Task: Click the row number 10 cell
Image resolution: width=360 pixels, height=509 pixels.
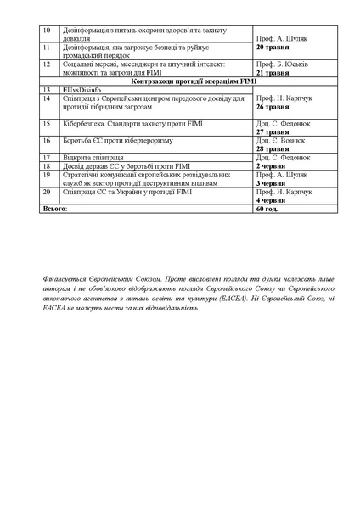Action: coord(47,30)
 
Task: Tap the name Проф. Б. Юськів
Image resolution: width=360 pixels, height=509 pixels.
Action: coord(278,64)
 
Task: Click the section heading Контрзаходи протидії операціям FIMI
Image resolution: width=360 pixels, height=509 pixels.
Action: coord(189,81)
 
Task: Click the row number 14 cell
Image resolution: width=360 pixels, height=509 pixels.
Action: coord(47,98)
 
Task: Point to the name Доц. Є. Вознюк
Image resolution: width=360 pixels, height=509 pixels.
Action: coord(279,140)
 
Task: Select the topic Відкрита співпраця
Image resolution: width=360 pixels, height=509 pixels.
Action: coord(91,158)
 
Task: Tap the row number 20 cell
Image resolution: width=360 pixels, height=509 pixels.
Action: coord(47,192)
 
